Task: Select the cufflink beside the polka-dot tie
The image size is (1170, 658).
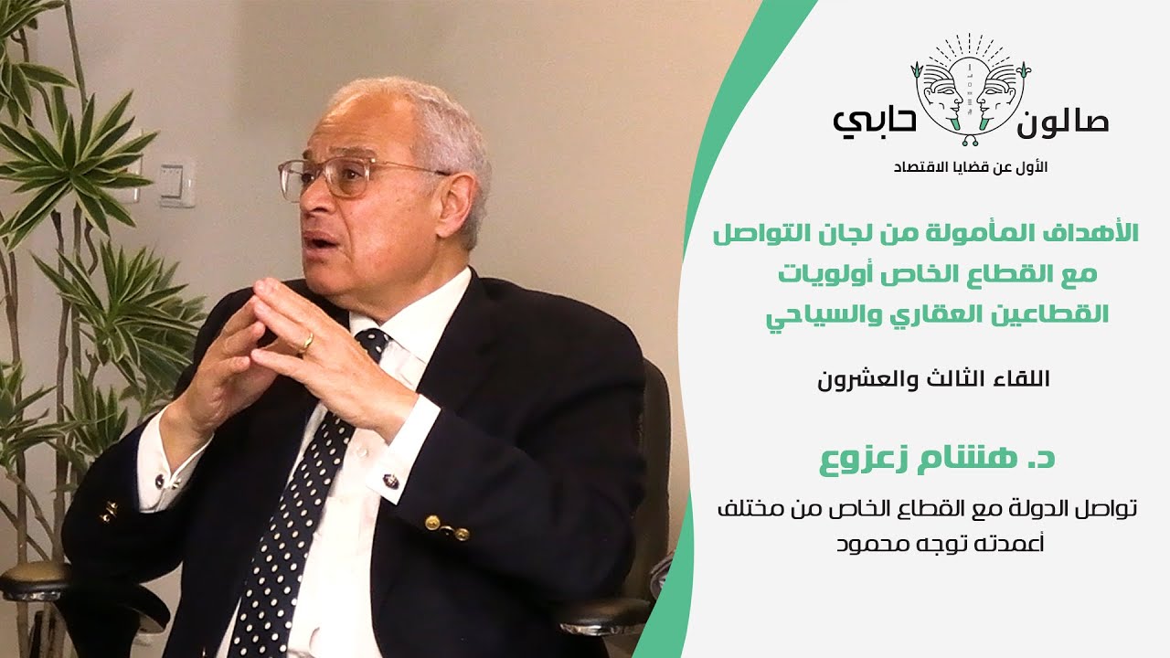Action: click(391, 481)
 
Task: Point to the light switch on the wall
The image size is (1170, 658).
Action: click(176, 182)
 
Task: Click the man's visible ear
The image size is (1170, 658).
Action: click(461, 198)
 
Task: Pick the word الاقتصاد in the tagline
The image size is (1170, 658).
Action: click(920, 168)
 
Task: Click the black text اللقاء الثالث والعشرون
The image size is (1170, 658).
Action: click(934, 379)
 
